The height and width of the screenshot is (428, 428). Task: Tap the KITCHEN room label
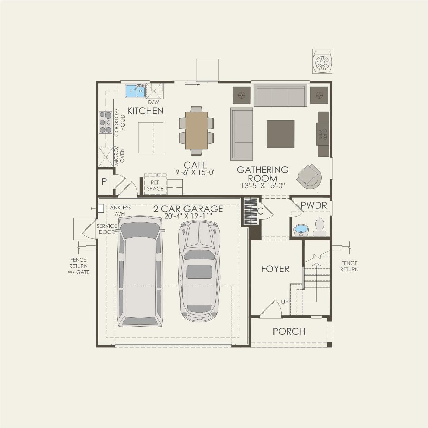click(x=145, y=111)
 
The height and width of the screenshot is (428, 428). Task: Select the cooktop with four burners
click(x=106, y=122)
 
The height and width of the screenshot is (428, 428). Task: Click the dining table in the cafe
click(x=196, y=130)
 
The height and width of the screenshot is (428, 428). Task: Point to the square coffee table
click(x=280, y=134)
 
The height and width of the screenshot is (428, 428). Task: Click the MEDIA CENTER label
click(x=322, y=134)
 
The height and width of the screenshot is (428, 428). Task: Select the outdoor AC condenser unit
click(x=323, y=62)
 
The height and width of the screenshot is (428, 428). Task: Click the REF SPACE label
click(x=155, y=186)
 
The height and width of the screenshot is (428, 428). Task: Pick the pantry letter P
click(x=104, y=181)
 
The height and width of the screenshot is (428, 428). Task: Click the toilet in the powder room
click(x=320, y=227)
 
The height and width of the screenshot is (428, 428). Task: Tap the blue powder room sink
click(x=301, y=229)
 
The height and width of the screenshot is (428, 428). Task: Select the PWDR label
click(x=313, y=206)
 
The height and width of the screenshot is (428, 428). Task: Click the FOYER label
click(x=275, y=269)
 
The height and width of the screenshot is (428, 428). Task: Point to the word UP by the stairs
click(x=285, y=302)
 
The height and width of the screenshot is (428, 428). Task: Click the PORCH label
click(x=289, y=331)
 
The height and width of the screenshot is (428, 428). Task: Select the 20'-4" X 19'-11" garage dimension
click(x=188, y=216)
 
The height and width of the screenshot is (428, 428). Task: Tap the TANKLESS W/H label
click(x=119, y=210)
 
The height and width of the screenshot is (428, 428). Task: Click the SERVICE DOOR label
click(x=107, y=229)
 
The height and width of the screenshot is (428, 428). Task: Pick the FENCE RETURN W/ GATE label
click(x=78, y=266)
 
